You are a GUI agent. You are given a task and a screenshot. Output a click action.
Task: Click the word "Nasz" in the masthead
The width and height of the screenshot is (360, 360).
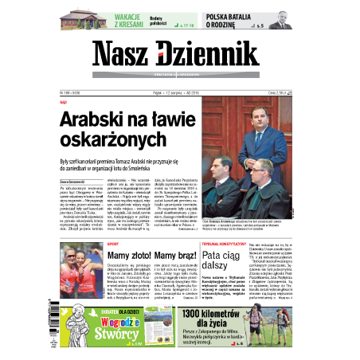(x=123, y=56)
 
